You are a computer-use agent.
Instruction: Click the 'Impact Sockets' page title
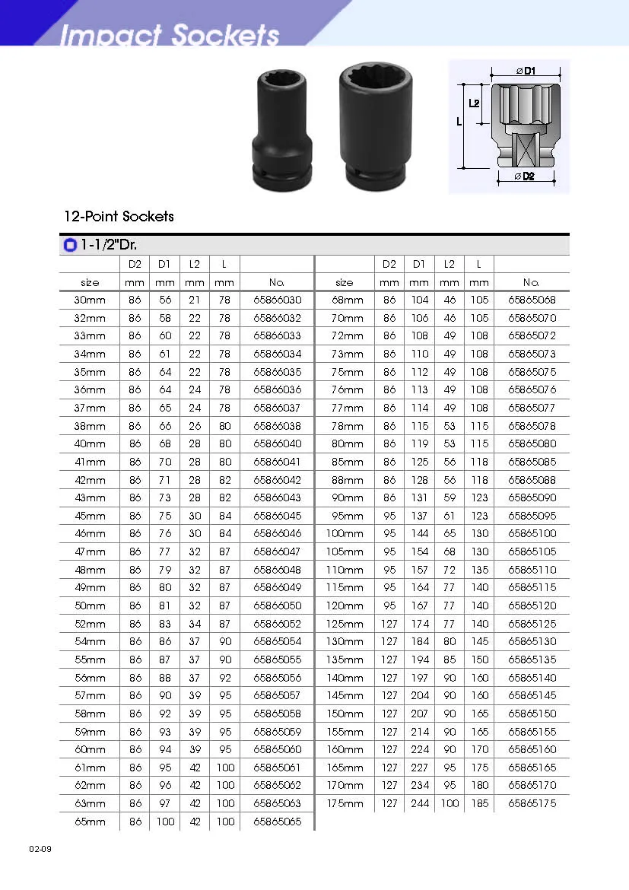[x=170, y=35]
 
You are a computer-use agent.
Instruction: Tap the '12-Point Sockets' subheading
[x=119, y=216]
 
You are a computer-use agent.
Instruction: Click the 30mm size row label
[x=90, y=300]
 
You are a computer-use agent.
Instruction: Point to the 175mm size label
[x=345, y=803]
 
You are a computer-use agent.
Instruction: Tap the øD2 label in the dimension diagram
[x=524, y=176]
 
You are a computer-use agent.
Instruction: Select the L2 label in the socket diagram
[x=474, y=103]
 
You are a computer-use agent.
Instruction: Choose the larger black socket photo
[x=370, y=125]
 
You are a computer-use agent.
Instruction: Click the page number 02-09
[x=40, y=848]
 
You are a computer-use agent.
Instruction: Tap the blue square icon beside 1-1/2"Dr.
[x=70, y=245]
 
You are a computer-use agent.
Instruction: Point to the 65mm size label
[x=90, y=822]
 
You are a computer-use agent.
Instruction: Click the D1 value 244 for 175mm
[x=419, y=803]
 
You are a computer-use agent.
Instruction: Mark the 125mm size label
[x=345, y=624]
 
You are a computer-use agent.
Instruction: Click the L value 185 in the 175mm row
[x=479, y=803]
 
